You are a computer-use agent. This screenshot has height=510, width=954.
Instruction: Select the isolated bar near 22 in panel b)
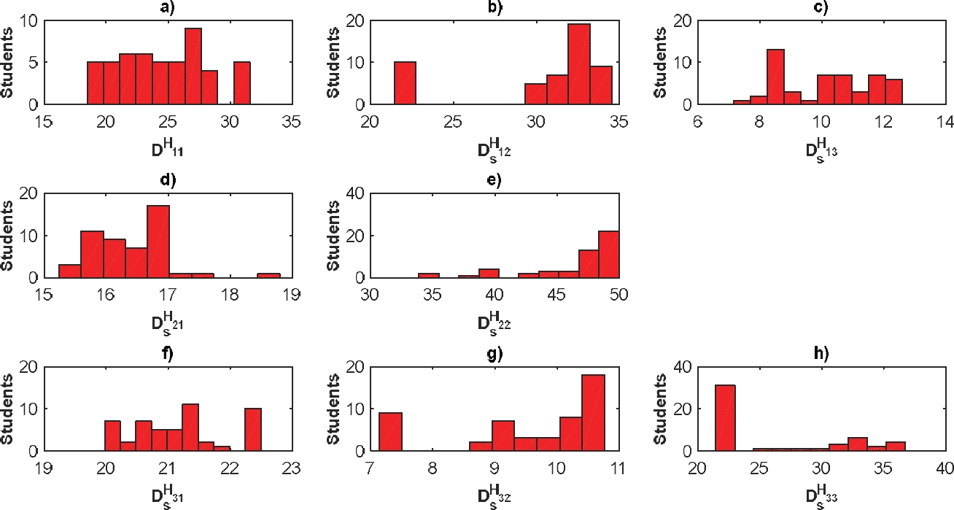pos(404,83)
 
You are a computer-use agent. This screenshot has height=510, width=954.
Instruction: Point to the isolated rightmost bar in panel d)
pos(268,276)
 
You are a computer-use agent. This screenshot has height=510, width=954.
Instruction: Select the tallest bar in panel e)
pos(609,255)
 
